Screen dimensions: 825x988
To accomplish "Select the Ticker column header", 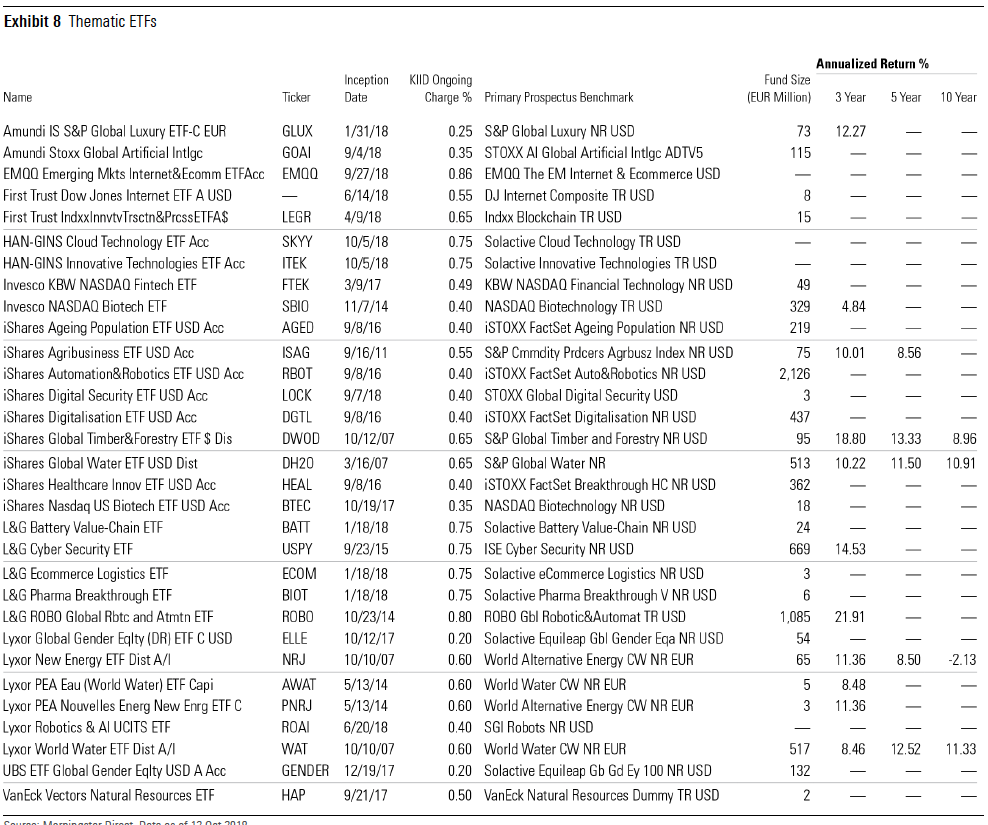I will pos(296,98).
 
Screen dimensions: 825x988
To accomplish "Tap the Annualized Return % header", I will pos(872,64).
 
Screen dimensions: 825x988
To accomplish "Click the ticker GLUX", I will pos(297,131).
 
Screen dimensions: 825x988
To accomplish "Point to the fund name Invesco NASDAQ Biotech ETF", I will pos(85,306).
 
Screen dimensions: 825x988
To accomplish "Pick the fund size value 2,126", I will pos(790,374).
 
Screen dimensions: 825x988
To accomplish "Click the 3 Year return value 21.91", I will pos(850,617).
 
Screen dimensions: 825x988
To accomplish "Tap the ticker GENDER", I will pos(305,770).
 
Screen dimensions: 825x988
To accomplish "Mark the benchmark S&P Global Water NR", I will pos(545,463).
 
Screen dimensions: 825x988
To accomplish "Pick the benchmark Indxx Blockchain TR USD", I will pos(552,217).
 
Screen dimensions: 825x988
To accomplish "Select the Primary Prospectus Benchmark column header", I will pos(558,98).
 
